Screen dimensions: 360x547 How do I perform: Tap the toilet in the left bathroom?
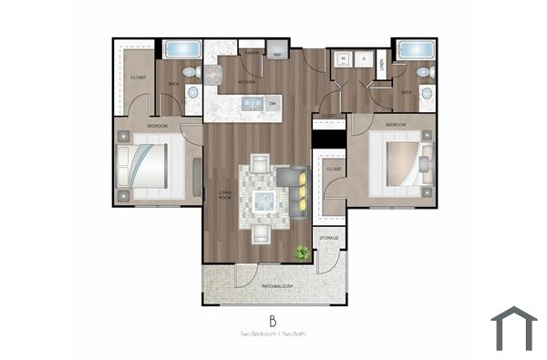pos(191,71)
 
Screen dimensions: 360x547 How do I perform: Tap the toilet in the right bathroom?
pos(422,71)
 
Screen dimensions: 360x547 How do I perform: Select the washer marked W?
pos(345,60)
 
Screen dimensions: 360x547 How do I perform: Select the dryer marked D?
pos(364,60)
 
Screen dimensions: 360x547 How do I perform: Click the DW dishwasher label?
pos(273,104)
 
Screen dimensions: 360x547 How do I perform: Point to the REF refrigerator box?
pos(277,55)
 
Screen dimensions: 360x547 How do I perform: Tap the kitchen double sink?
pos(251,103)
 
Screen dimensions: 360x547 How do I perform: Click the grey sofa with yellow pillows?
pos(294,193)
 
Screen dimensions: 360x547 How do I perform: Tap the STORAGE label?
pos(329,238)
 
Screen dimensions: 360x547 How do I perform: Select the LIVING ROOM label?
pos(223,194)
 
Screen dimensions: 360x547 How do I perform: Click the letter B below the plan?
pos(272,320)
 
